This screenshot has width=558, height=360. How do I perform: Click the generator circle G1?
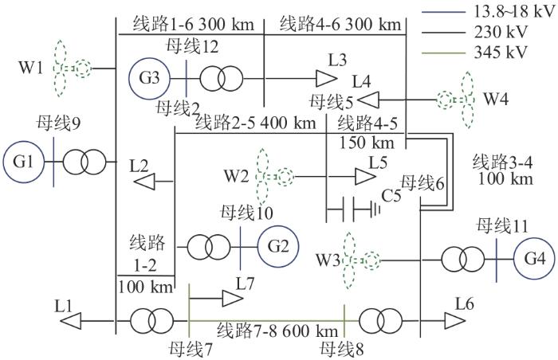point(24,162)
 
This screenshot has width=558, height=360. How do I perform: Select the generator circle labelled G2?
point(278,246)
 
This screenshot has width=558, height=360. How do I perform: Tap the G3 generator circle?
point(150,79)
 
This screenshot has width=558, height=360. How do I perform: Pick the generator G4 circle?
point(535,259)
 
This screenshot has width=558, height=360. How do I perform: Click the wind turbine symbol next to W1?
point(71,68)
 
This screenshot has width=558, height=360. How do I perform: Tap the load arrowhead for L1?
point(70,321)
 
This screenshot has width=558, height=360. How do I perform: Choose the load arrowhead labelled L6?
point(455,321)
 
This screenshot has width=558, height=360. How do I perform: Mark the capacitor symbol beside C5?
point(353,209)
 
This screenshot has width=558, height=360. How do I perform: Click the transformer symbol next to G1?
point(84,162)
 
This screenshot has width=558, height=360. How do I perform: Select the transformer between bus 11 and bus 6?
point(463,260)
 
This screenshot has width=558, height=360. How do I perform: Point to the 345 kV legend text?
point(500,53)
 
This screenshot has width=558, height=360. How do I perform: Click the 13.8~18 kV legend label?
point(514,12)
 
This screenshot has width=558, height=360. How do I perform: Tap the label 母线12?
point(192,47)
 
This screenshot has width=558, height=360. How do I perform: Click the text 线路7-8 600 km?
point(277,331)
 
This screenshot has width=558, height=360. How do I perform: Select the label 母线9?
point(59,123)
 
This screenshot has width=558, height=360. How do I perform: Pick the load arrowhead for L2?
point(144,182)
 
